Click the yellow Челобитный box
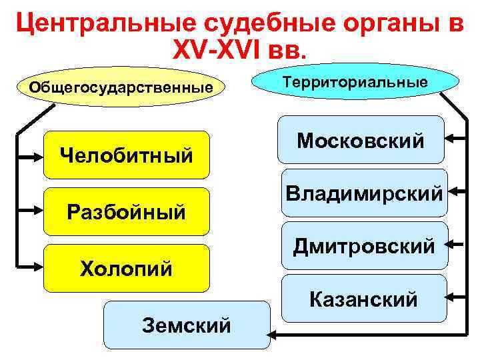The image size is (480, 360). pos(126,155)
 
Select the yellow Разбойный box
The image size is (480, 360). pos(126,212)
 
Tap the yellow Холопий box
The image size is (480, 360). pos(126,269)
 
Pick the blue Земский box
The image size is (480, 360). pos(187,325)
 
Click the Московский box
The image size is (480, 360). pos(361,140)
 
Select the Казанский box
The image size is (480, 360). pos(364,298)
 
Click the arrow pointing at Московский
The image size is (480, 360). pos(455,139)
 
